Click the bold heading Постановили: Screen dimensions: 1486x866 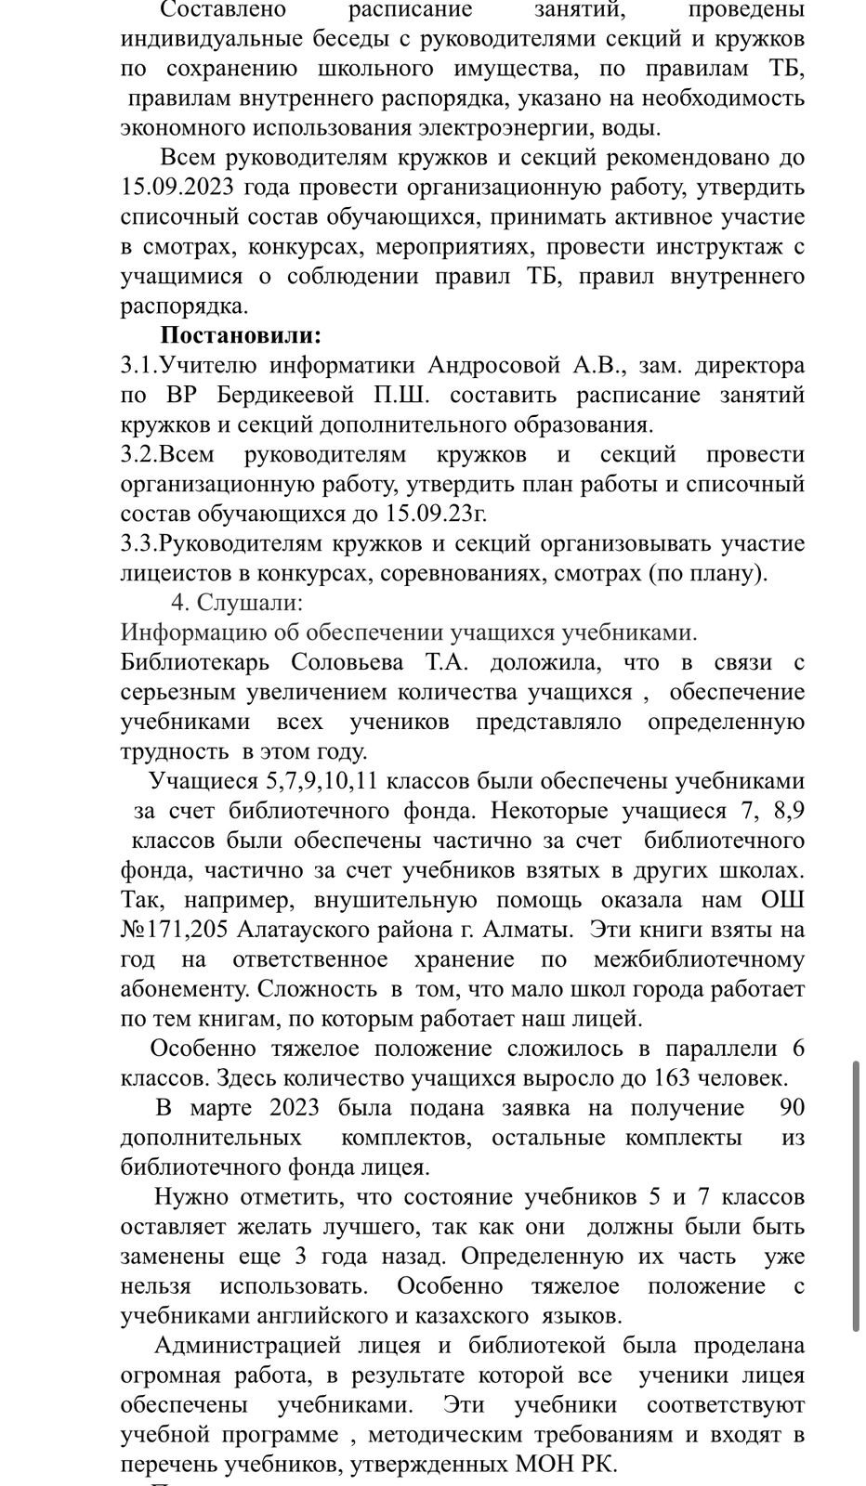point(241,335)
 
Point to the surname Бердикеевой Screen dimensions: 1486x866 point(286,395)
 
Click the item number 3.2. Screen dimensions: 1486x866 point(141,454)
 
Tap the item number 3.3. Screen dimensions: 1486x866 point(141,543)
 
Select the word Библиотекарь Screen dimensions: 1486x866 point(195,662)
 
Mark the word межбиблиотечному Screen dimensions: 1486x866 point(699,959)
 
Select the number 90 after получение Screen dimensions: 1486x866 point(793,1108)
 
